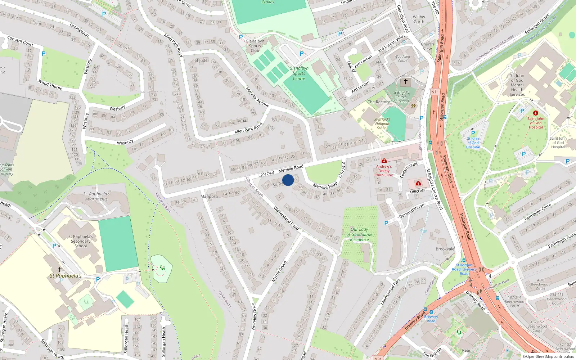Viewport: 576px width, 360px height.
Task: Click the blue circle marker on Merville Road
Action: (288, 180)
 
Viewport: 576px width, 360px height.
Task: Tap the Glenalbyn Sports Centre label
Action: (299, 73)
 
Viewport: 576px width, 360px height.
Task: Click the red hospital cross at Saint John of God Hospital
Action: (535, 113)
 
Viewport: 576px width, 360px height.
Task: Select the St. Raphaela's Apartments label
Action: (96, 196)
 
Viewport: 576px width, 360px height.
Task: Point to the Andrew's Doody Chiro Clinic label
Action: (384, 171)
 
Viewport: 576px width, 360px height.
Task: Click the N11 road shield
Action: (435, 92)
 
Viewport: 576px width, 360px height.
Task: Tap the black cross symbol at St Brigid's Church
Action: (405, 81)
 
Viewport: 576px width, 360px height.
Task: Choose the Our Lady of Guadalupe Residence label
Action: (359, 234)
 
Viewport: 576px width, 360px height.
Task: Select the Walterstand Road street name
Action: (286, 218)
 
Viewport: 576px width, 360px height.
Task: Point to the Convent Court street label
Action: (20, 41)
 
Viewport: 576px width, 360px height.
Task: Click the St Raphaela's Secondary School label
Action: (81, 241)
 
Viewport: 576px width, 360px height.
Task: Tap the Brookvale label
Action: (445, 249)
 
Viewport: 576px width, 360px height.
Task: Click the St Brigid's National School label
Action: (382, 123)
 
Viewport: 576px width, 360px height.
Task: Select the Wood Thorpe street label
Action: (50, 85)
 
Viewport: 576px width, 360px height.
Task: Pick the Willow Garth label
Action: (419, 19)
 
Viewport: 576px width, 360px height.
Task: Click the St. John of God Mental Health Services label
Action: (517, 85)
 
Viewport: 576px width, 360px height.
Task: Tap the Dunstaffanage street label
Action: (411, 211)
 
